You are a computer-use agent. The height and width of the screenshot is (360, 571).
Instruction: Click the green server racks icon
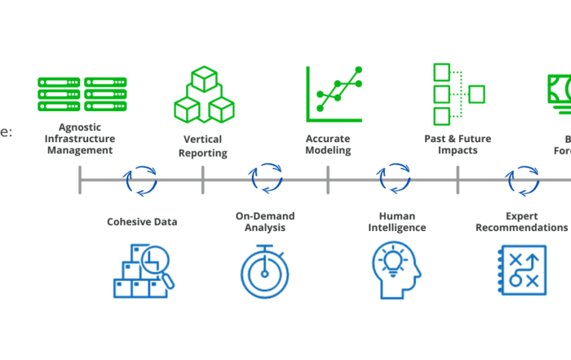pos(82,94)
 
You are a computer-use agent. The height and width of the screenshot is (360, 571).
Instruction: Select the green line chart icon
pos(333,89)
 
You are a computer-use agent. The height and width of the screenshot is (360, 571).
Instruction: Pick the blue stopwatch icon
pos(264,272)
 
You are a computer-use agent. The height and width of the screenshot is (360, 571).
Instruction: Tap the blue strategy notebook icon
pos(521,271)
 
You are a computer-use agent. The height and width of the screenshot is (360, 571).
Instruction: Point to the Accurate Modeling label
pos(328,144)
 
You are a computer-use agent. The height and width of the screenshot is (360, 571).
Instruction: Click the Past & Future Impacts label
pos(456,144)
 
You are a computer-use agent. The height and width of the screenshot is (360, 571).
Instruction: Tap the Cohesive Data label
pos(142,221)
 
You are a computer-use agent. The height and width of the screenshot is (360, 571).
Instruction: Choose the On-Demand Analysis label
pos(265,221)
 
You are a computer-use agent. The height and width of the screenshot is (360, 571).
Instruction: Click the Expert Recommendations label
pos(521,221)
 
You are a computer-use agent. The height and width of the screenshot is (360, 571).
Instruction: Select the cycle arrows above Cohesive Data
pos(140,180)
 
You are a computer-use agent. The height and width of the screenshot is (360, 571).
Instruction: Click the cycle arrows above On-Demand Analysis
pos(266,180)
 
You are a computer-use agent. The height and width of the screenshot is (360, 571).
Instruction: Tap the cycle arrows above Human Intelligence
pos(395,180)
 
